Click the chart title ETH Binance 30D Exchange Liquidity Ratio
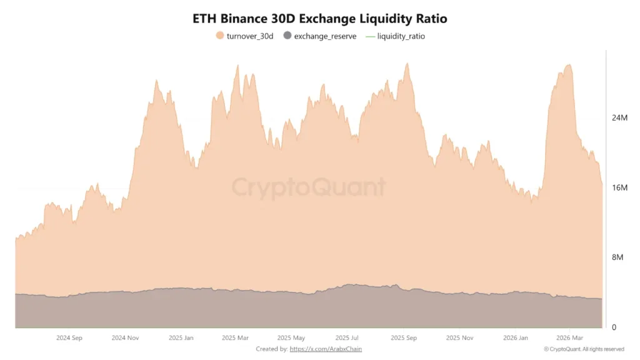pos(320,19)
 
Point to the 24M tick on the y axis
pos(619,118)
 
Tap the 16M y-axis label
pos(619,188)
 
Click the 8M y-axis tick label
pos(617,257)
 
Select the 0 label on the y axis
pos(614,327)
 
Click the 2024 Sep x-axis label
pos(69,337)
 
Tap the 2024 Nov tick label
pos(125,337)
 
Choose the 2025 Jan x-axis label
pos(181,337)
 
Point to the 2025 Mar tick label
pos(235,337)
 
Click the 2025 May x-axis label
pos(291,337)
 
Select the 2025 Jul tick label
pos(346,337)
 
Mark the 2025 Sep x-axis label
pos(403,337)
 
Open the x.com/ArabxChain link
pos(326,349)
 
